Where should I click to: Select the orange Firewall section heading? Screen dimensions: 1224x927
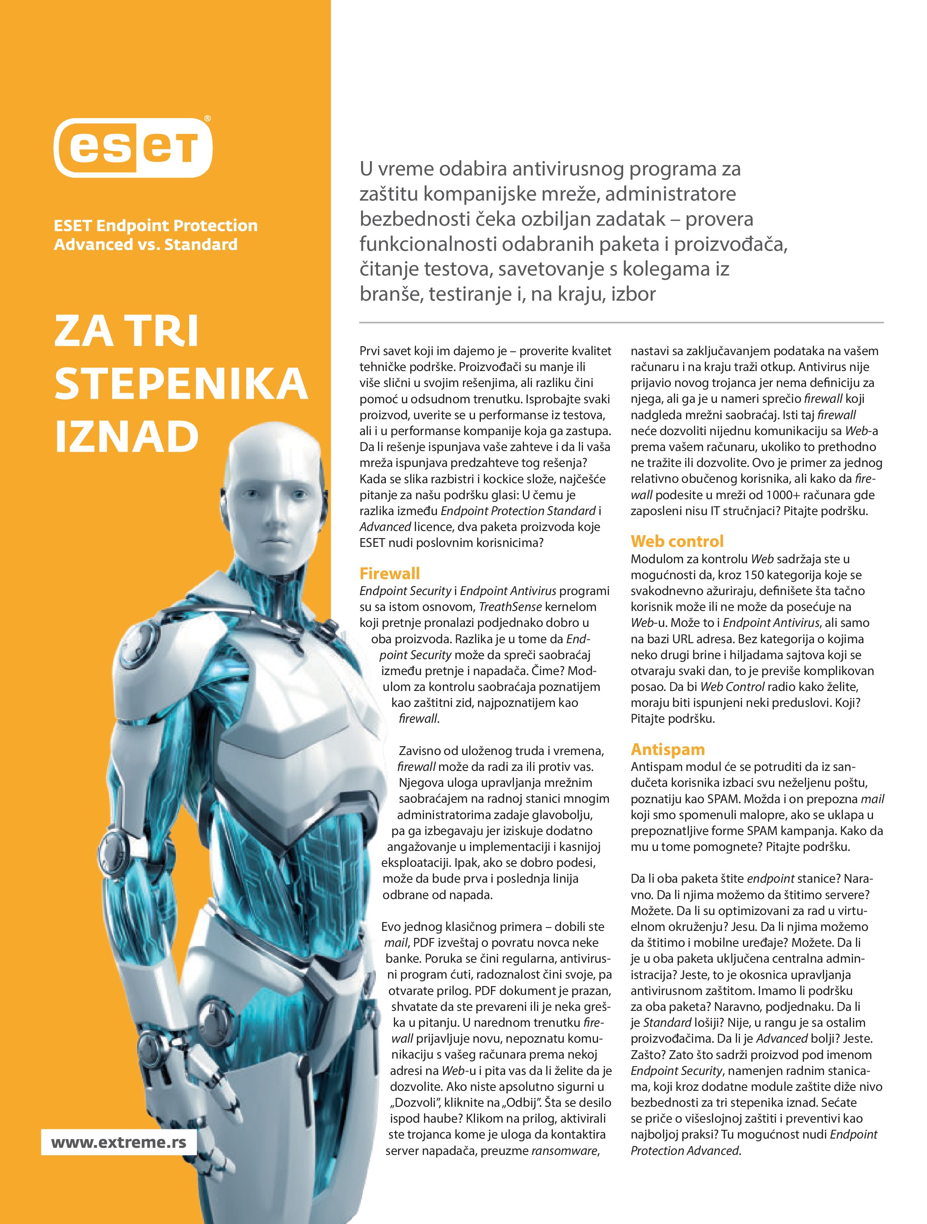389,573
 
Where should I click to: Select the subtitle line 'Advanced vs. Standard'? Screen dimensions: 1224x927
146,245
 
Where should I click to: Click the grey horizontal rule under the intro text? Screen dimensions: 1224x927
621,322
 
